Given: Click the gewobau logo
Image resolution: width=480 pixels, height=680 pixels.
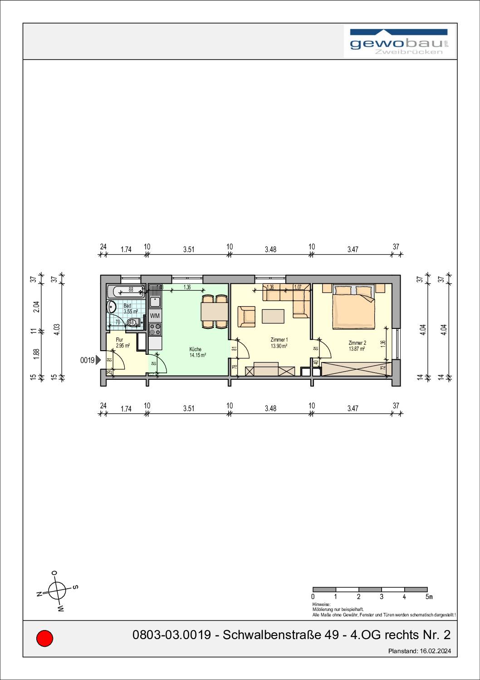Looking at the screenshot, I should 399,42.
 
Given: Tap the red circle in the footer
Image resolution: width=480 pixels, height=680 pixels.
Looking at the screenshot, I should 44,638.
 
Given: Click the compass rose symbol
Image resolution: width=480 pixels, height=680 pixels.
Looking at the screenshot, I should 57,591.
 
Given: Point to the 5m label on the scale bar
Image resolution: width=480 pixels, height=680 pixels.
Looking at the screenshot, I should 429,596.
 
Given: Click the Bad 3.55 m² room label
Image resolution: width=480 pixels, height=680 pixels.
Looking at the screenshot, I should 130,309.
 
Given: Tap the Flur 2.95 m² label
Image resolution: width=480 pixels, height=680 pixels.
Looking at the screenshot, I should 122,342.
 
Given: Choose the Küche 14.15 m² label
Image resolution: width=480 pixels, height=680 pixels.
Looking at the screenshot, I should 198,352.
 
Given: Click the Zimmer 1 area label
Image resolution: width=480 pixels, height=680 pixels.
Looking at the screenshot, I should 279,342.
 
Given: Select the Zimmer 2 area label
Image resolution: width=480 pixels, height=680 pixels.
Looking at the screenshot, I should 357,346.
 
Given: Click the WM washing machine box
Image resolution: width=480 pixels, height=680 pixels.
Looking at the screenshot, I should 155,316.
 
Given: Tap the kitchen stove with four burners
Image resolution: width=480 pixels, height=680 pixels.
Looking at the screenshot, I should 155,329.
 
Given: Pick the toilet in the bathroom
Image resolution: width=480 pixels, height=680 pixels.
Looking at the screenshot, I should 132,323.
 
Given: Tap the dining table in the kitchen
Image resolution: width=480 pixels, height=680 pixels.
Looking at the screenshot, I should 215,312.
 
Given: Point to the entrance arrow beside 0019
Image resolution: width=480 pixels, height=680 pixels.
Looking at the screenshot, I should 98,360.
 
